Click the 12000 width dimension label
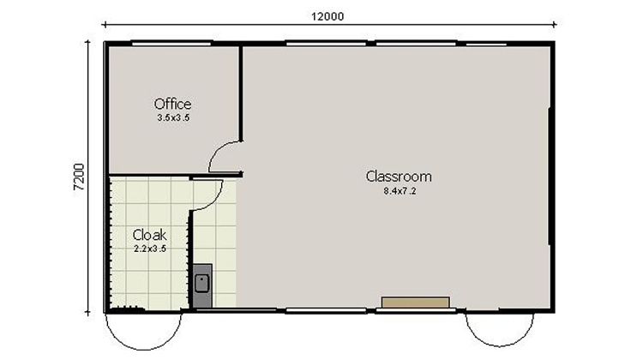coord(328,16)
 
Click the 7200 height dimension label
coord(79,177)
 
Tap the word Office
coord(172,105)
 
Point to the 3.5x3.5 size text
coord(173,117)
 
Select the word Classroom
coord(399,177)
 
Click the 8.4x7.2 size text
coord(400,190)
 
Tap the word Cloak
coord(150,236)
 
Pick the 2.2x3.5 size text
coord(150,249)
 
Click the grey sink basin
coord(201,284)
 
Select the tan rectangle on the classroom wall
coord(416,303)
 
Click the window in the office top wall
coord(171,43)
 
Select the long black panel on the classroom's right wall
coord(549,177)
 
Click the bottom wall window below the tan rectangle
coord(416,311)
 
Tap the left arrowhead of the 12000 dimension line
coord(105,25)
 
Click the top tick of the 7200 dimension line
coord(87,41)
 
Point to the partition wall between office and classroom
coord(241,93)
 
